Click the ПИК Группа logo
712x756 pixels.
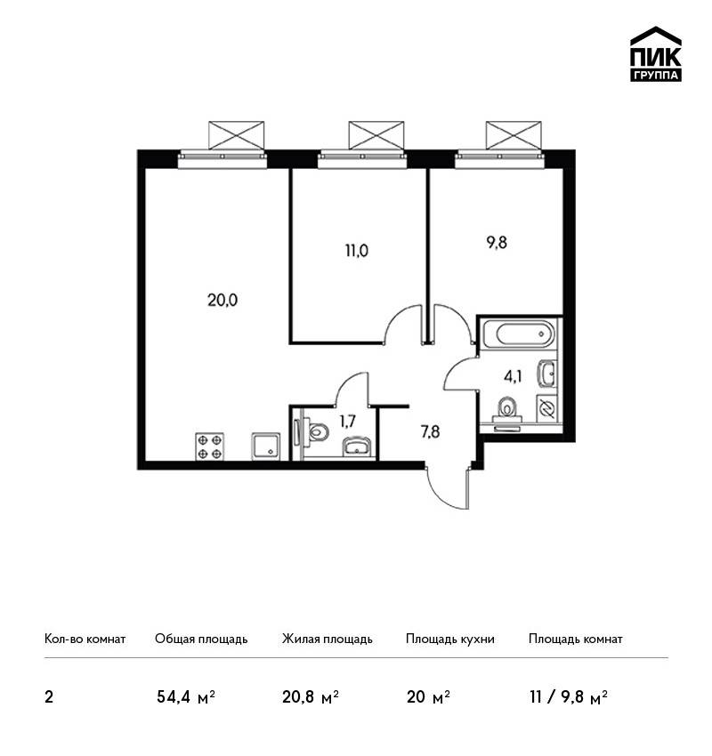click(x=656, y=54)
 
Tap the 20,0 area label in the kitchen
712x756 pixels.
click(x=222, y=301)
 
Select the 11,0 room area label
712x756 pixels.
click(x=357, y=251)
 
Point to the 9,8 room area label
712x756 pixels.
click(x=497, y=242)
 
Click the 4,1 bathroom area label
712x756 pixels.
click(x=513, y=376)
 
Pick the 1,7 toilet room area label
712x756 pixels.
click(x=347, y=422)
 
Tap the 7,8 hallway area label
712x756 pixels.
click(x=430, y=431)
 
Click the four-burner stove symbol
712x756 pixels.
click(x=209, y=446)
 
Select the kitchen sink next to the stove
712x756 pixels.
click(x=266, y=446)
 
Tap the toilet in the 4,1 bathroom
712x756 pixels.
click(x=506, y=411)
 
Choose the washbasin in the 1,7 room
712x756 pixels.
click(x=357, y=447)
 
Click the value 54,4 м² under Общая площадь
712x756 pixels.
click(x=186, y=697)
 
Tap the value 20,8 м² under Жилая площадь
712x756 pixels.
click(x=311, y=697)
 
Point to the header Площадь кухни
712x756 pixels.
click(x=450, y=639)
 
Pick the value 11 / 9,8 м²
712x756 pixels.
click(x=568, y=697)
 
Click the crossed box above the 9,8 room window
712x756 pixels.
click(x=514, y=135)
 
